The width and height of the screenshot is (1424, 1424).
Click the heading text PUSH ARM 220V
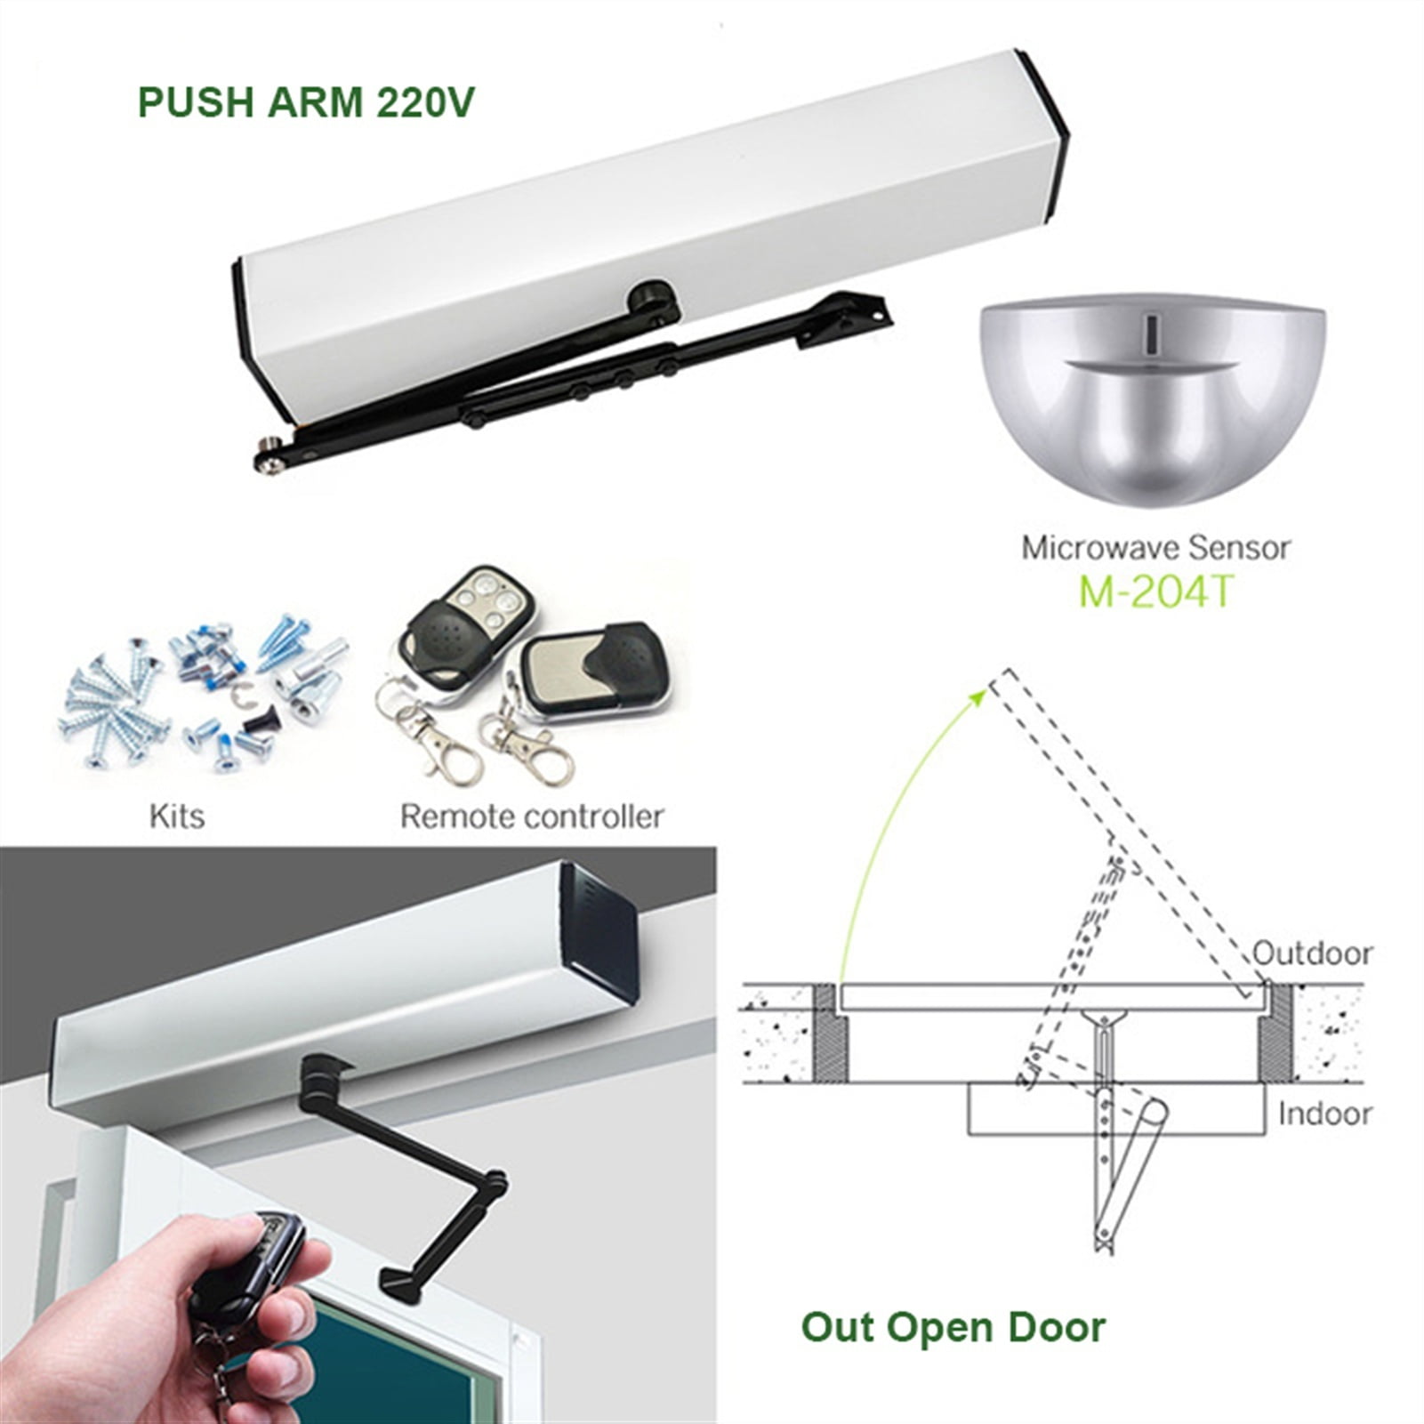[x=306, y=103]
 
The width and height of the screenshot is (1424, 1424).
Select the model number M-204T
[x=1155, y=591]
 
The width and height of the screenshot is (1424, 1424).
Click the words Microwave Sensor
[x=1155, y=547]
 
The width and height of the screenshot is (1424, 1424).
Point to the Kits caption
[x=177, y=816]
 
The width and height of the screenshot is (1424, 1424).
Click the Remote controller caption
[x=532, y=816]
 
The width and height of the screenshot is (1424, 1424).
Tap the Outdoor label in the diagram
[x=1313, y=953]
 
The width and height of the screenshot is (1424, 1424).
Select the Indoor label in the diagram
[x=1324, y=1114]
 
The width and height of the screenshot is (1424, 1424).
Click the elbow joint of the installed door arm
[x=492, y=1183]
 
